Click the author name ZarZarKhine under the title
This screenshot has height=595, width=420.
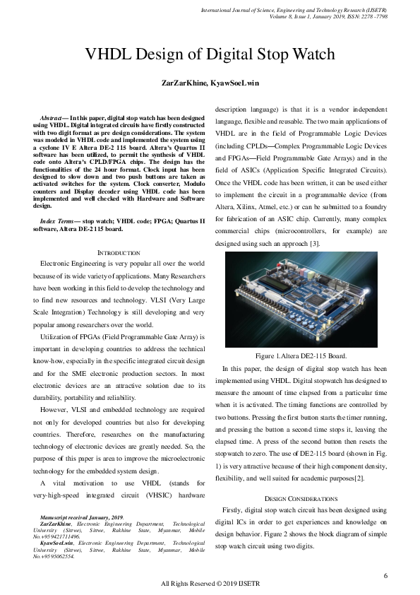point(182,83)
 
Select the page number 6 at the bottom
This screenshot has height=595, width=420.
point(385,576)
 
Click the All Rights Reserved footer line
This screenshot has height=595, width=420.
point(210,584)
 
